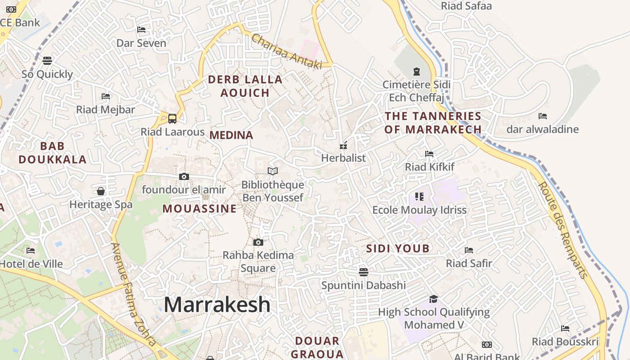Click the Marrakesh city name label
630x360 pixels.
coord(217,305)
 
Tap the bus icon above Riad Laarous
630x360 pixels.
coord(172,119)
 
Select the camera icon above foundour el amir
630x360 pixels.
coord(184,176)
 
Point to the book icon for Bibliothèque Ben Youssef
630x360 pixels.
coord(273,171)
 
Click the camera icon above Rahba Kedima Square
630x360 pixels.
coord(258,242)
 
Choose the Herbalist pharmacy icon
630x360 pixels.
coord(343,145)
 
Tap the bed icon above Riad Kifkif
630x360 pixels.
coord(429,154)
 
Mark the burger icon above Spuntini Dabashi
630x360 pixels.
coord(364,272)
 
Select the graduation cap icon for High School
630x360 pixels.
coord(433,299)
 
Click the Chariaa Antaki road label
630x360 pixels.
coord(287,52)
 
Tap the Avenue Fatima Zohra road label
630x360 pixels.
coord(134,295)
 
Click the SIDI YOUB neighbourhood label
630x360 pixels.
coord(398,248)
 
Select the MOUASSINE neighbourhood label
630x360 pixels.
coord(199,209)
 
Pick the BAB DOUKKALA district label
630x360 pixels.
coord(52,153)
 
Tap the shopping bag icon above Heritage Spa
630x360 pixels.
coord(101,191)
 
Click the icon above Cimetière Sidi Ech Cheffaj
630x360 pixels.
coord(416,71)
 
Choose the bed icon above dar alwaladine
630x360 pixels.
coord(543,116)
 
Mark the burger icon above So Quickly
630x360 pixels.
coord(47,60)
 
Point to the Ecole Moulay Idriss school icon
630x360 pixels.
coord(419,197)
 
